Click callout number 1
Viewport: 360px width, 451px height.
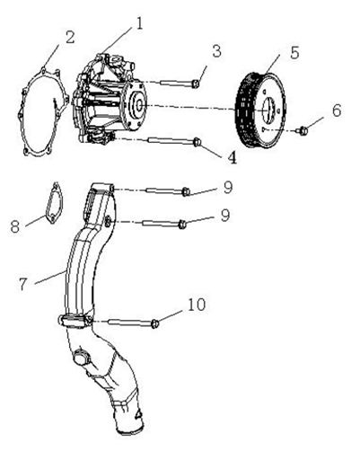point(139,24)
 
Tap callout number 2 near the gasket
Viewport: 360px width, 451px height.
point(70,38)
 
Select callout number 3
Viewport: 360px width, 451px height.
point(216,51)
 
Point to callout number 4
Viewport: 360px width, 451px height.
point(232,156)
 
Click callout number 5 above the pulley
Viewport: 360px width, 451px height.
point(294,52)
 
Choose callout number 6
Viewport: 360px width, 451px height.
point(337,111)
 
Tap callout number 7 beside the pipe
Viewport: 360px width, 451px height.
point(23,284)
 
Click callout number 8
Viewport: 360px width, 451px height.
point(15,225)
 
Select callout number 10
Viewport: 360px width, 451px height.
point(197,305)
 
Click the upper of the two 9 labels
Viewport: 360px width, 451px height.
point(228,188)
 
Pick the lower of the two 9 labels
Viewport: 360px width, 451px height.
point(225,216)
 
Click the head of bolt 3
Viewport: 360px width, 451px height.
point(196,84)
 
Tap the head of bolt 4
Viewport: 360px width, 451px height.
point(197,142)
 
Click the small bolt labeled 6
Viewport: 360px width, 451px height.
point(303,130)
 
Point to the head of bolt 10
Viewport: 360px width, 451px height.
point(154,323)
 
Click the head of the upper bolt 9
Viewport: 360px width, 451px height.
point(186,191)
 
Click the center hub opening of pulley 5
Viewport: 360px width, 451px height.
point(268,110)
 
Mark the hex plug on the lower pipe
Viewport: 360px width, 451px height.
point(80,358)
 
